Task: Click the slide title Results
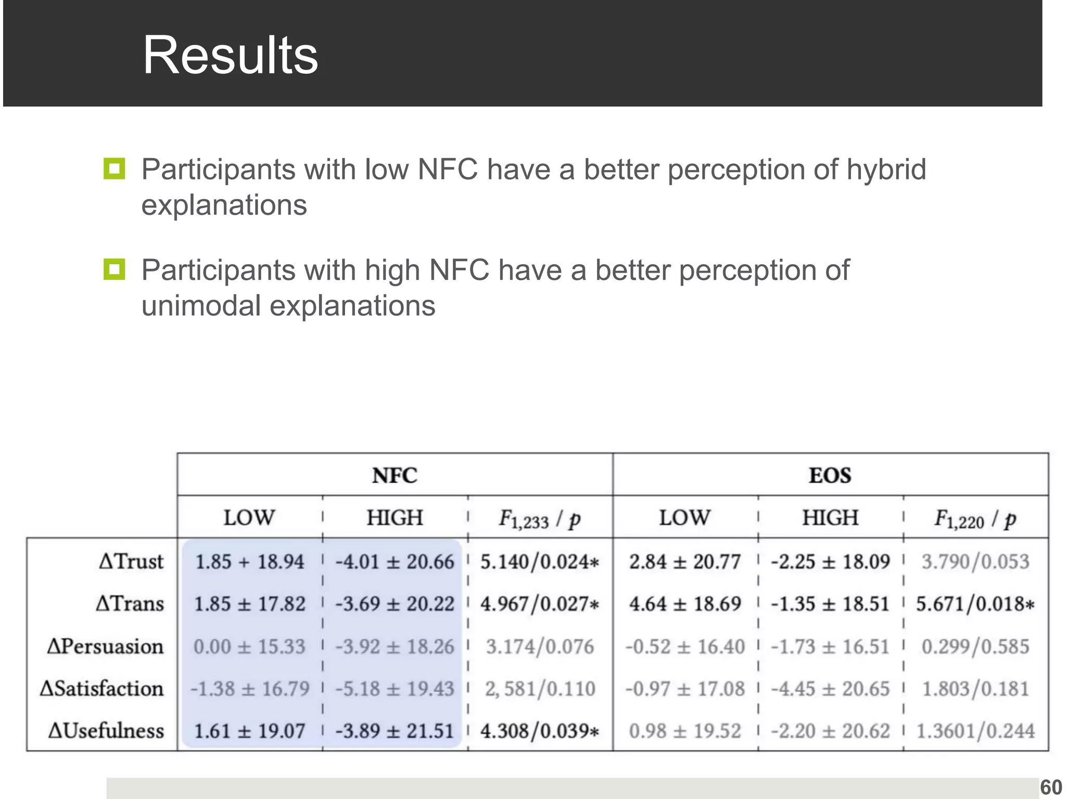[x=230, y=55]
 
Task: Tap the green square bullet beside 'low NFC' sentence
[x=115, y=169]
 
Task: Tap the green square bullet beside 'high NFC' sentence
[x=115, y=269]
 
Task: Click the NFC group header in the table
[x=395, y=475]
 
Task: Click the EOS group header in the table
[x=830, y=475]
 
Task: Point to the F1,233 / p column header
[x=540, y=519]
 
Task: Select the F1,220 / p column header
[x=975, y=519]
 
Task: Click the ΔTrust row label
[x=131, y=562]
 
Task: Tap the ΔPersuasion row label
[x=105, y=647]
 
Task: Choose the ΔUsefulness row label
[x=106, y=731]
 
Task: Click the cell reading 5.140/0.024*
[x=540, y=562]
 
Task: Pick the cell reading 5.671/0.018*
[x=975, y=604]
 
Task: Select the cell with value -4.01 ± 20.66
[x=395, y=562]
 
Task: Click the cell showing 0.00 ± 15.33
[x=249, y=647]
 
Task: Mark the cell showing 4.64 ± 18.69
[x=684, y=604]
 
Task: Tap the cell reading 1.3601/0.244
[x=975, y=731]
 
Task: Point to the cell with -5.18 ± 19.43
[x=395, y=689]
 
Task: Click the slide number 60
[x=1051, y=788]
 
